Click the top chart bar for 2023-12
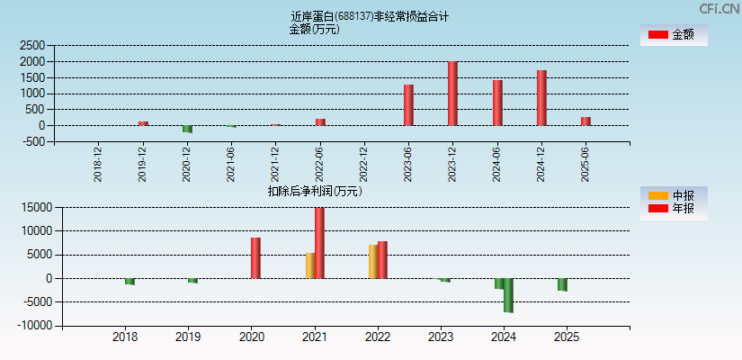click(452, 94)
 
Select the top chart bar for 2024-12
click(541, 98)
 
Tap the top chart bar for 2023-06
click(408, 105)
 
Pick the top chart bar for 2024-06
click(497, 103)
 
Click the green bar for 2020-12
click(187, 129)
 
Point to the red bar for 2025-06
click(586, 121)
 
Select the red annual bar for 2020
click(255, 257)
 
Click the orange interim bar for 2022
click(372, 261)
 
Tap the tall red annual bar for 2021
click(319, 243)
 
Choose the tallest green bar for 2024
click(508, 295)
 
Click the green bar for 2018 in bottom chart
click(130, 282)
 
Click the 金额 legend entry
click(674, 34)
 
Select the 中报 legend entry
click(674, 195)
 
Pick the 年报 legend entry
click(674, 209)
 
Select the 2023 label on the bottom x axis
click(441, 337)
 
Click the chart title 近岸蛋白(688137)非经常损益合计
click(370, 15)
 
